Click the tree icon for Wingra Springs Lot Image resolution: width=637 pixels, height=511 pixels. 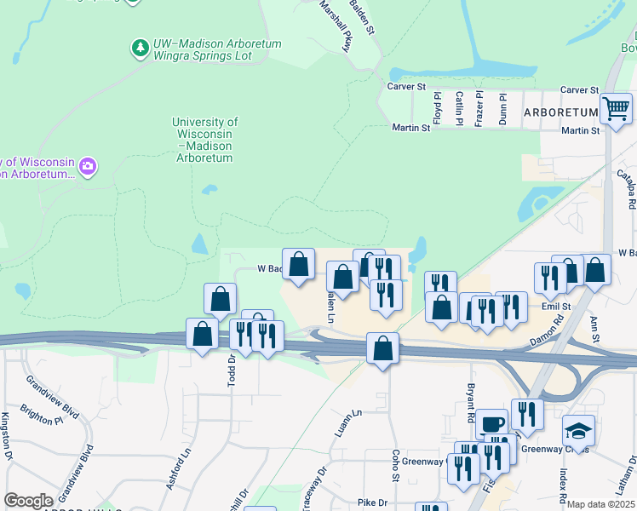coord(141,48)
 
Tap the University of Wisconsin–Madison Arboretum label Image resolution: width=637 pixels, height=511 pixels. coord(204,140)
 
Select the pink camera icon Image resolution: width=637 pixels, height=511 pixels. coord(87,167)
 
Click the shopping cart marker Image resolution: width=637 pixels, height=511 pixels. coord(616,108)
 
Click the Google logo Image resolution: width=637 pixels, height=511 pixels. coord(28,500)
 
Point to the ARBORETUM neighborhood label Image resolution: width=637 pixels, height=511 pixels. coord(561,112)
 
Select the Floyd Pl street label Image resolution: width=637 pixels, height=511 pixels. coord(438,109)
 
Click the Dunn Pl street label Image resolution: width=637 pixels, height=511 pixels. coord(503,109)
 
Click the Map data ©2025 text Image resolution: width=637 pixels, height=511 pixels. coord(601,504)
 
